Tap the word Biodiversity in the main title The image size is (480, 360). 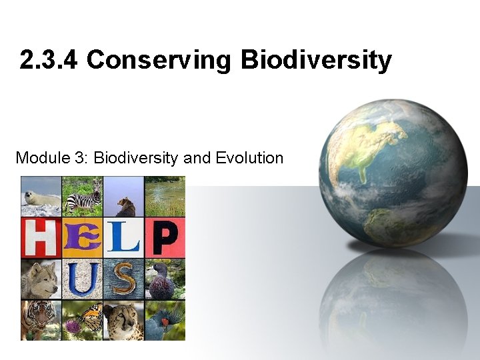click(316, 60)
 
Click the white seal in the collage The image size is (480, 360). click(40, 197)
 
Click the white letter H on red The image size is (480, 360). click(40, 237)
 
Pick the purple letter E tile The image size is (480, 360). click(82, 237)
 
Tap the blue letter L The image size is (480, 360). click(123, 237)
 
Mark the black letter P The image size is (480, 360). click(165, 237)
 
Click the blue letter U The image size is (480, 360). click(82, 279)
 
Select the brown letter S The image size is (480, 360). click(123, 279)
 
